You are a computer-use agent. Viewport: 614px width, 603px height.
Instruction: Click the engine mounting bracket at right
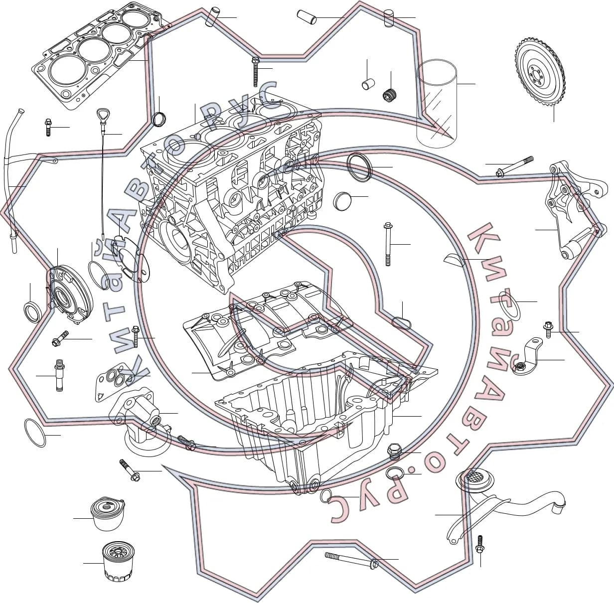tap(574, 210)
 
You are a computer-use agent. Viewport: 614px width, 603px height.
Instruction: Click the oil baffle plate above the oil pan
tap(268, 331)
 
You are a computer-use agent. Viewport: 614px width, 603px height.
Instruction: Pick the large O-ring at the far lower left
tap(35, 433)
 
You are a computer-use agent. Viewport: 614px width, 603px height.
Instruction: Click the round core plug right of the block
tap(342, 199)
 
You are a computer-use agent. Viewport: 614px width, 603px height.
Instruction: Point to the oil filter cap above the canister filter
tap(107, 514)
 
